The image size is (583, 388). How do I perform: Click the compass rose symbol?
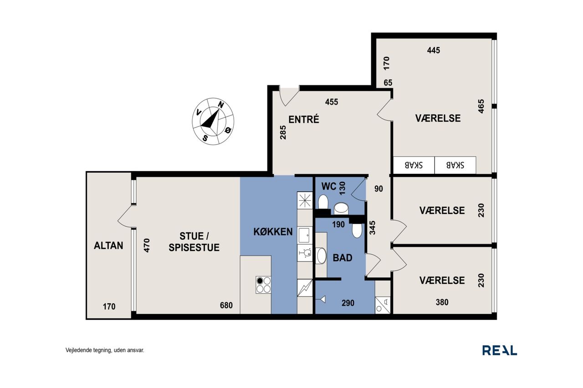213,121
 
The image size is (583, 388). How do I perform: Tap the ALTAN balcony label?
108,246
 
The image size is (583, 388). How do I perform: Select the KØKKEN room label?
273,232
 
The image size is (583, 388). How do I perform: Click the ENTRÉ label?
304,119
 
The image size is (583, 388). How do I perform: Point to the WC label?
329,186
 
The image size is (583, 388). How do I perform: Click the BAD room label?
343,257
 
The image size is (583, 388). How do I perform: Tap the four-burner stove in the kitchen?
263,285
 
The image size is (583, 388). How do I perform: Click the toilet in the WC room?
323,202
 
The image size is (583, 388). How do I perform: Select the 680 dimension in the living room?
226,305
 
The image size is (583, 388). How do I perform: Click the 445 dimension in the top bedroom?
434,50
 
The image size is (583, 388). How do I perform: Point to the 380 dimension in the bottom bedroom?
442,302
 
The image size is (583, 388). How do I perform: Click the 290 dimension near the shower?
348,303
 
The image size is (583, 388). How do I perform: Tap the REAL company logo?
500,350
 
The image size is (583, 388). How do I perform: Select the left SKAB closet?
414,165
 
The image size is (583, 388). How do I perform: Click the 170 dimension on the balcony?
109,307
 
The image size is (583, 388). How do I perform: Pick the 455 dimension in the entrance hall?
332,102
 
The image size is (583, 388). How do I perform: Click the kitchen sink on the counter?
305,235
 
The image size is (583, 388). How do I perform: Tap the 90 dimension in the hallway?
378,189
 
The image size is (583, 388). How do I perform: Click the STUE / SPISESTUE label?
194,242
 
